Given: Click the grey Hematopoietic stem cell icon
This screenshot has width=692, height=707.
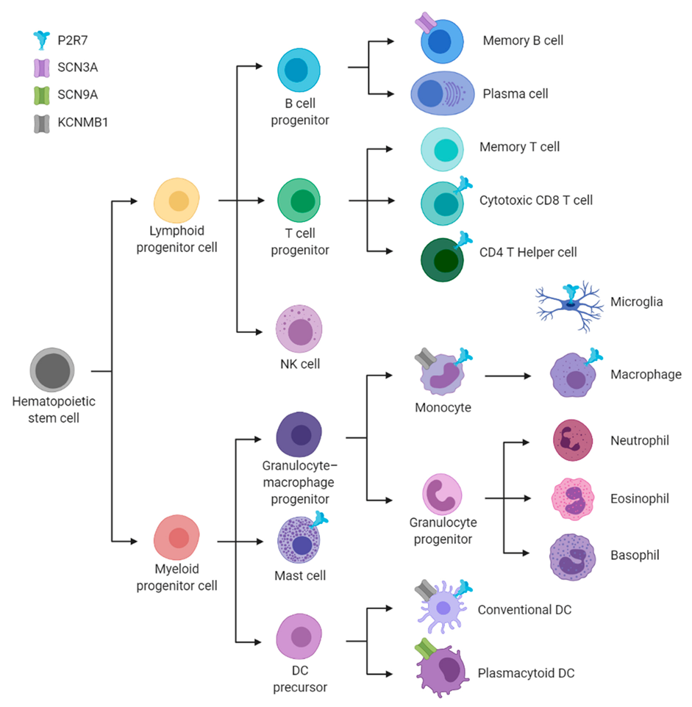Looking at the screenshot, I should pyautogui.click(x=52, y=370).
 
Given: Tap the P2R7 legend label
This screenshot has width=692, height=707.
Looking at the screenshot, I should pyautogui.click(x=74, y=40).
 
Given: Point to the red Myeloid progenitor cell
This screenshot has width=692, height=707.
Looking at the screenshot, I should pyautogui.click(x=176, y=537).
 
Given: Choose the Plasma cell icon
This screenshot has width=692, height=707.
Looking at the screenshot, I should pyautogui.click(x=442, y=94).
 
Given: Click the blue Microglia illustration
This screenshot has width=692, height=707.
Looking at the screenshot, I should pyautogui.click(x=570, y=302).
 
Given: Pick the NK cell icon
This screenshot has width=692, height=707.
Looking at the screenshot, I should pyautogui.click(x=299, y=331).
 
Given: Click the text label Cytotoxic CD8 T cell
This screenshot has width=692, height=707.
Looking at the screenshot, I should pyautogui.click(x=535, y=200).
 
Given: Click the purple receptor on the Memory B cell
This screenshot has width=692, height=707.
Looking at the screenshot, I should pyautogui.click(x=427, y=23).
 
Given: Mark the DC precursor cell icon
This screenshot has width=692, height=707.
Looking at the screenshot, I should pyautogui.click(x=299, y=636).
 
